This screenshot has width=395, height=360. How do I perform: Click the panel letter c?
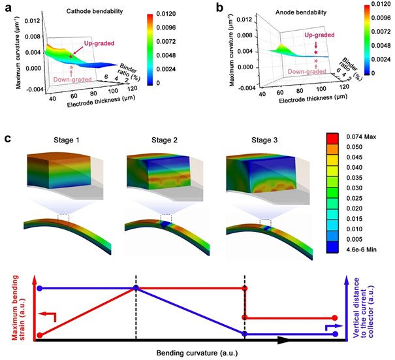[x=7, y=139]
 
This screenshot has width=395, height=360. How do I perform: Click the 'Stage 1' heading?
[x=64, y=140]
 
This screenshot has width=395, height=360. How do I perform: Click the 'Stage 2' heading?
[x=148, y=140]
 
